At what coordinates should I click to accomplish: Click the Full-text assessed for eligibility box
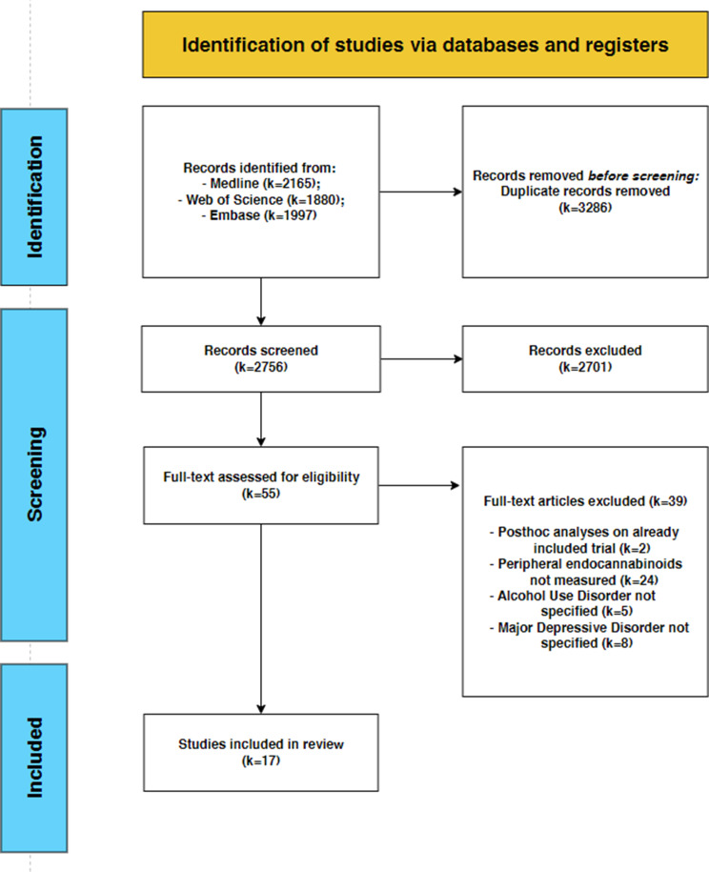click(x=259, y=485)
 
